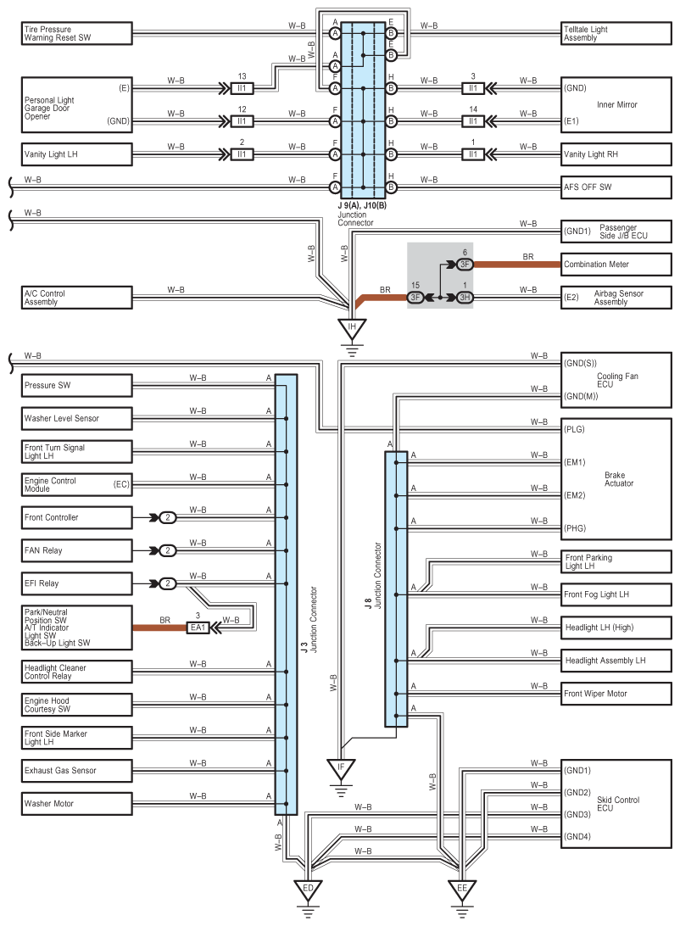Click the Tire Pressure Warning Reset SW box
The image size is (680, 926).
(x=77, y=33)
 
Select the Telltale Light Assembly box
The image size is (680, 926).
(x=616, y=33)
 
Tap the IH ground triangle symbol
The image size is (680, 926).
(x=352, y=328)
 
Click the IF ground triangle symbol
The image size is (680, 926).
(x=341, y=769)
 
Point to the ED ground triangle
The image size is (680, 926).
(x=308, y=890)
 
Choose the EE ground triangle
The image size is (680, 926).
(x=462, y=890)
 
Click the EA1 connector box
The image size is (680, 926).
(x=198, y=628)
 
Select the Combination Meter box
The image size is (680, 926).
(x=616, y=264)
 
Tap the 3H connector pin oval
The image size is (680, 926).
(x=465, y=297)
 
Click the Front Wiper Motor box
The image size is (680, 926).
(x=616, y=694)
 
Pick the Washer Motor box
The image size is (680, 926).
(x=77, y=804)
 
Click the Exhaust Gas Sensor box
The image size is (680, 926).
(x=77, y=771)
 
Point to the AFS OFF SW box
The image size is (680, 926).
(x=616, y=187)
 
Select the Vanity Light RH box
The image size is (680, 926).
(x=616, y=154)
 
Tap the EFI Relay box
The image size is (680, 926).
(x=77, y=583)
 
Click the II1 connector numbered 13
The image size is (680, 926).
(x=242, y=88)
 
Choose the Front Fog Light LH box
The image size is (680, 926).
(x=616, y=594)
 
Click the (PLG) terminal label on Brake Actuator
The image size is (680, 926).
(x=574, y=429)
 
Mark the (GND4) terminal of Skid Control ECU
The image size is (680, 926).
(x=577, y=836)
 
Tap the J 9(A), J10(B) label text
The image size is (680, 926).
(x=362, y=205)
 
